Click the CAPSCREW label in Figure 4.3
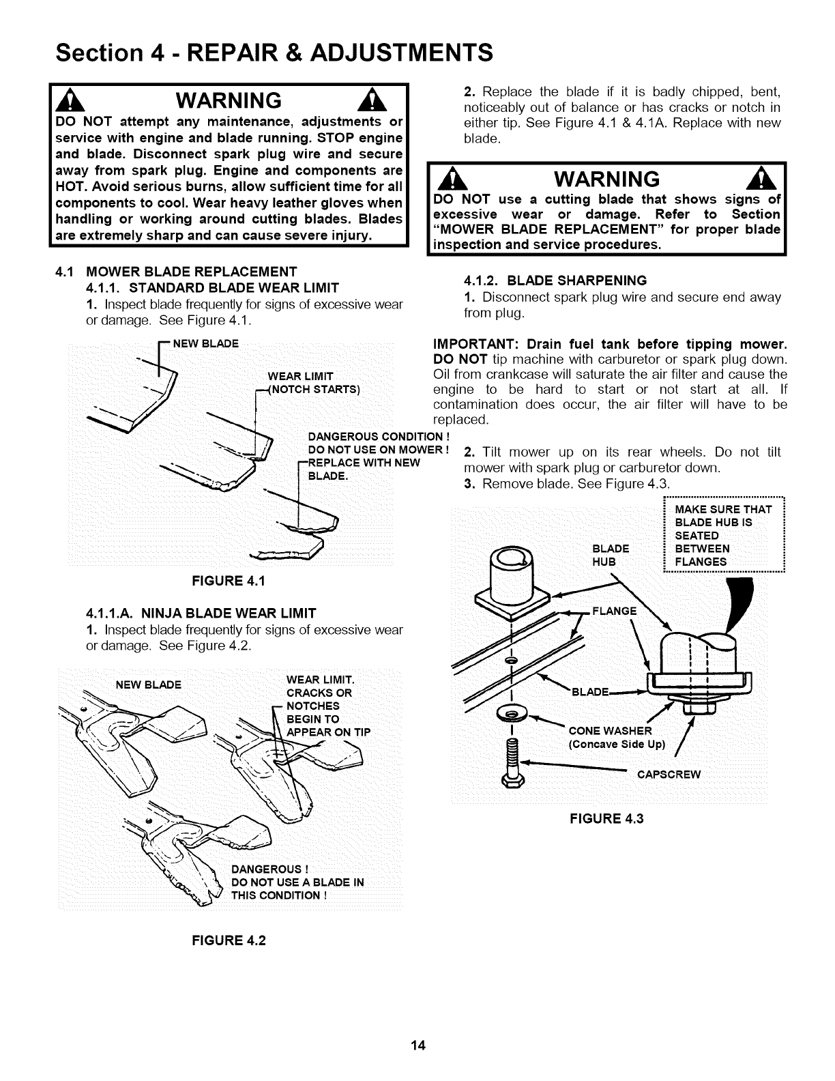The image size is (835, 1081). point(669,775)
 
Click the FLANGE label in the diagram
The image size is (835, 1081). point(614,610)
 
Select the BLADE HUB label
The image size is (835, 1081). point(611,555)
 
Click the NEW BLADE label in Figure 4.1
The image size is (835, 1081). point(205,343)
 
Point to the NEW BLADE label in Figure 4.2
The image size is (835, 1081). point(149,684)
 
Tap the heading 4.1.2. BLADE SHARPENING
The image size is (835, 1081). point(555,280)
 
